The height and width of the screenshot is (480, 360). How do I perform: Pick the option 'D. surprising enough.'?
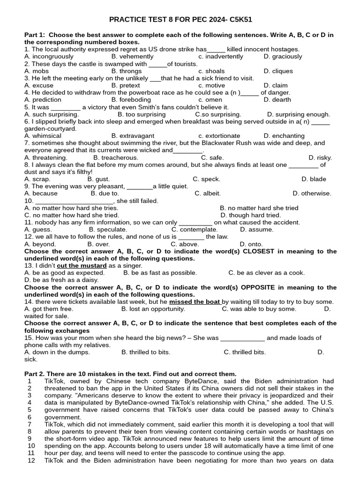click(x=299, y=114)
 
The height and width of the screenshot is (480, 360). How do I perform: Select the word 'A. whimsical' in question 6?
click(x=43, y=136)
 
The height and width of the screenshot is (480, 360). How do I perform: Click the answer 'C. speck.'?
click(x=206, y=180)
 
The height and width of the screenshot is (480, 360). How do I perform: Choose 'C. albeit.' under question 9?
click(x=208, y=194)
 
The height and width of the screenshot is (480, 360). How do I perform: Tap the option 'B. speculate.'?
click(x=108, y=230)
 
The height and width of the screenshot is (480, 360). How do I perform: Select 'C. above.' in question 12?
click(x=185, y=244)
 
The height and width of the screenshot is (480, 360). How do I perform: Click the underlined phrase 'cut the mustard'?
click(x=82, y=266)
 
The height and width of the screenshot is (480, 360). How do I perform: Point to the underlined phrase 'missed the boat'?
click(x=195, y=302)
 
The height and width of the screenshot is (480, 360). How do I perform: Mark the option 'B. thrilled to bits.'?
click(x=146, y=352)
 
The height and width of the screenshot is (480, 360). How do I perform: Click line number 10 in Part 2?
click(x=31, y=446)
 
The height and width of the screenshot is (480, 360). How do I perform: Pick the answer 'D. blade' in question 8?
click(x=314, y=180)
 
